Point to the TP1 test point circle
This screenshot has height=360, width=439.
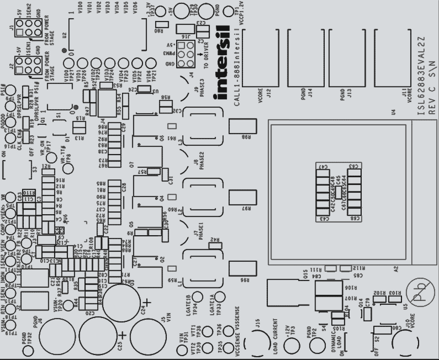pos(228,12)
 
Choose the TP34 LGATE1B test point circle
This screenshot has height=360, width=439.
pos(198,297)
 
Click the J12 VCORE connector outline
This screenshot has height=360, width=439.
pos(260,58)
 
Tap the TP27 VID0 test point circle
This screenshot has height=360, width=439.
pos(69,64)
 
